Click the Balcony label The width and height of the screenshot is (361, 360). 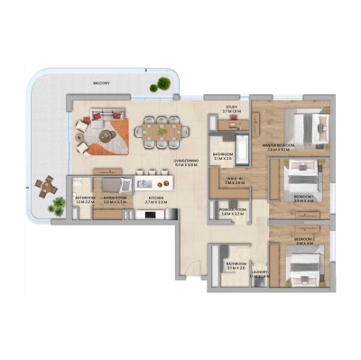coord(100,82)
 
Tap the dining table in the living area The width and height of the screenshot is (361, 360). coord(162,131)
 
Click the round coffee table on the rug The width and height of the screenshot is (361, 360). coord(109,136)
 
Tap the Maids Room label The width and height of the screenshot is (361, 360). coord(114,199)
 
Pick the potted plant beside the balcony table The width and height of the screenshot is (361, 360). coord(58,206)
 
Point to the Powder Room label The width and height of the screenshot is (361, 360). coord(234,214)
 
